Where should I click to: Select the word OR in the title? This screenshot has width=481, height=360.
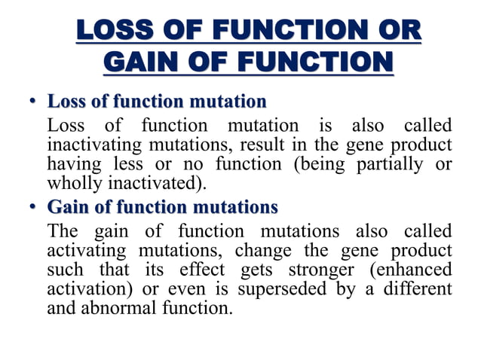pyautogui.click(x=397, y=32)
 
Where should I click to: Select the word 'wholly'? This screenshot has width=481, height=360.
pyautogui.click(x=71, y=182)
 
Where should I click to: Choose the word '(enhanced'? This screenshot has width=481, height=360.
pyautogui.click(x=415, y=269)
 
